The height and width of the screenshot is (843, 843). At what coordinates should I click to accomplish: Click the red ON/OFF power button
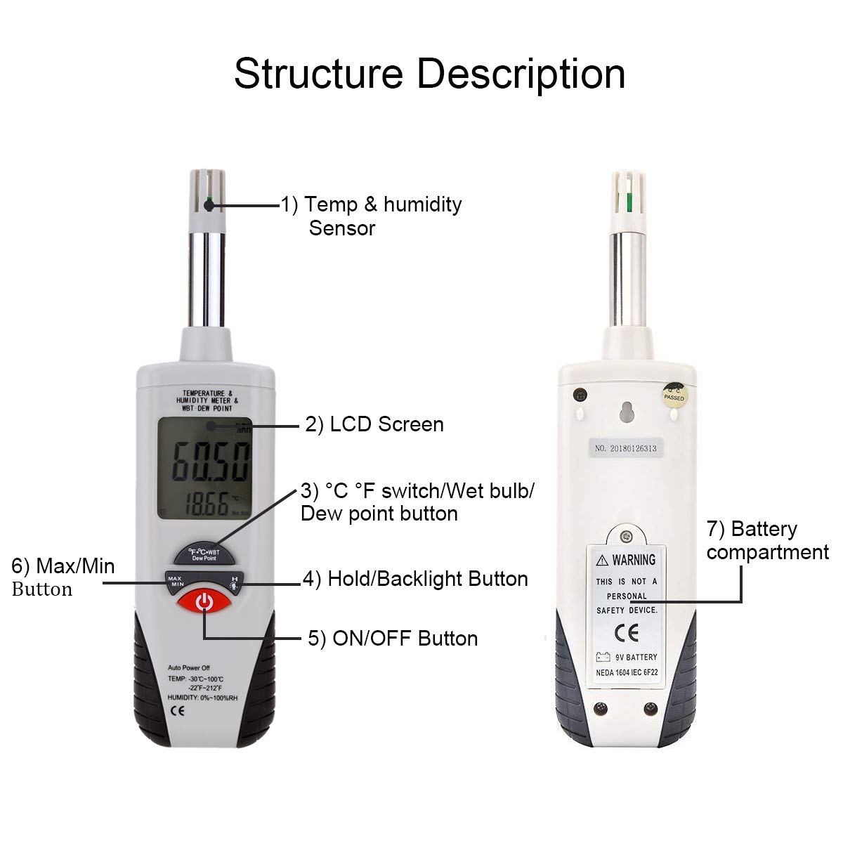204,602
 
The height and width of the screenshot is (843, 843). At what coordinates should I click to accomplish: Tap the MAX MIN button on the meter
175,580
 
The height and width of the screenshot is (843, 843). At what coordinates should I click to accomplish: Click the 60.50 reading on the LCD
211,462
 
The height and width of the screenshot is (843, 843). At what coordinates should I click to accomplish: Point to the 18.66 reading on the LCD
208,505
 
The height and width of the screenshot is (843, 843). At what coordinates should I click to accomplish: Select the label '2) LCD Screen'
374,424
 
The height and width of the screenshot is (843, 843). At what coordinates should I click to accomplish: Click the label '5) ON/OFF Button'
393,639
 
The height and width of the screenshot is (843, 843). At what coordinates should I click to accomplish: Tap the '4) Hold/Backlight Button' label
415,579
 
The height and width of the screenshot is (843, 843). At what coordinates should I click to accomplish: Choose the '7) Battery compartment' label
767,540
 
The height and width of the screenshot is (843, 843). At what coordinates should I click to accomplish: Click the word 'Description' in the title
521,74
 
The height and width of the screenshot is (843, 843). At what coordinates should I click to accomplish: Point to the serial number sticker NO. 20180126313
626,447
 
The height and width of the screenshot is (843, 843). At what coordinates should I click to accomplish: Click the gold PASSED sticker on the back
674,394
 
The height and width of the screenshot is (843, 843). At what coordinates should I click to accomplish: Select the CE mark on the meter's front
178,710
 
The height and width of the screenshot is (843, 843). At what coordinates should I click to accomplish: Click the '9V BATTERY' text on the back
636,658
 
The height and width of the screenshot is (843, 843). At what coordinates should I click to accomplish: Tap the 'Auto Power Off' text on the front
188,667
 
